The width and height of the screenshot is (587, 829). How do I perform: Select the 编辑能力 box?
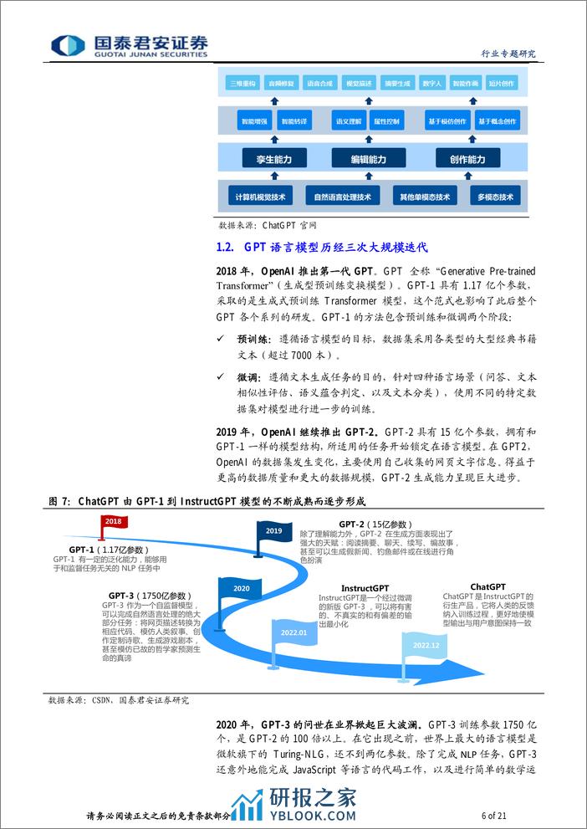pyautogui.click(x=368, y=159)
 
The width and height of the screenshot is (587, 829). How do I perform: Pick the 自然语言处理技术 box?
pyautogui.click(x=341, y=197)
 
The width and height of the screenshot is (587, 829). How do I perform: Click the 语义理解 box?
pyautogui.click(x=347, y=121)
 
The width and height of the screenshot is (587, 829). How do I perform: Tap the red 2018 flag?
pyautogui.click(x=114, y=522)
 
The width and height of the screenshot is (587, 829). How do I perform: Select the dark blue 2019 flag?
pyautogui.click(x=273, y=530)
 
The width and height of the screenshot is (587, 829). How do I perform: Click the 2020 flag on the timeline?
pyautogui.click(x=241, y=589)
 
